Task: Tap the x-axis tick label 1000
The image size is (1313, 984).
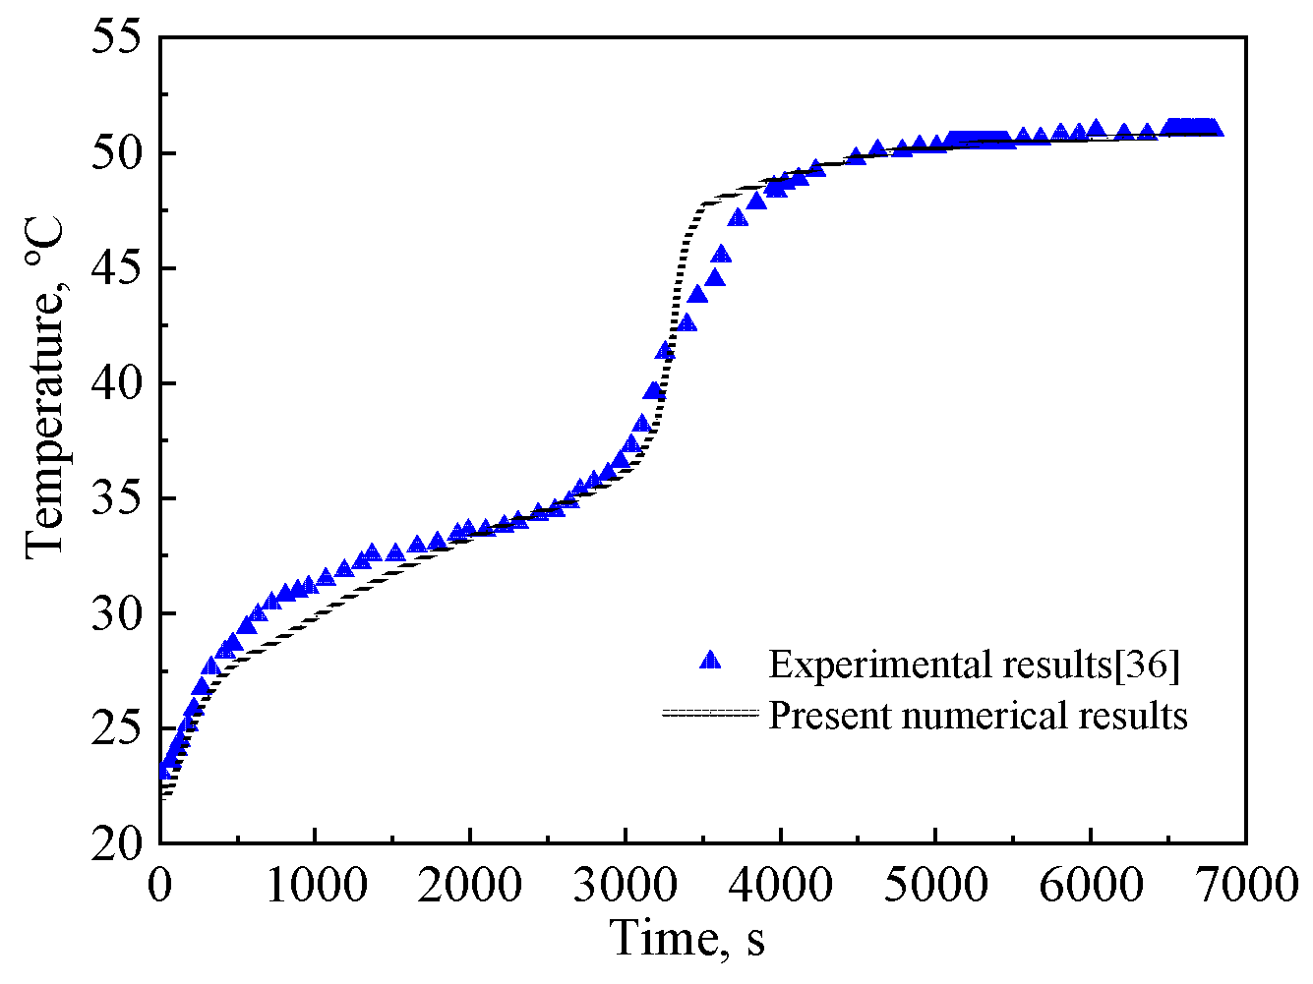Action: pos(315,885)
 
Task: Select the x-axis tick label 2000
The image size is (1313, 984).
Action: pos(470,885)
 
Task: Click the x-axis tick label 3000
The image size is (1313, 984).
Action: pos(626,885)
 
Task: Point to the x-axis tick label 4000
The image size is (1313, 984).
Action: pos(781,885)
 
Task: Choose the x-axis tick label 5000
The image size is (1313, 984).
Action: pos(936,885)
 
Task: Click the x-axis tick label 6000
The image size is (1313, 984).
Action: pos(1092,885)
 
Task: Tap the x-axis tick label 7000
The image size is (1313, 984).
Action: pos(1247,885)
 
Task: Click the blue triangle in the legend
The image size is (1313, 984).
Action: pos(710,660)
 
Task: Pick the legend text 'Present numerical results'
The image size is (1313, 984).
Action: pos(978,715)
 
